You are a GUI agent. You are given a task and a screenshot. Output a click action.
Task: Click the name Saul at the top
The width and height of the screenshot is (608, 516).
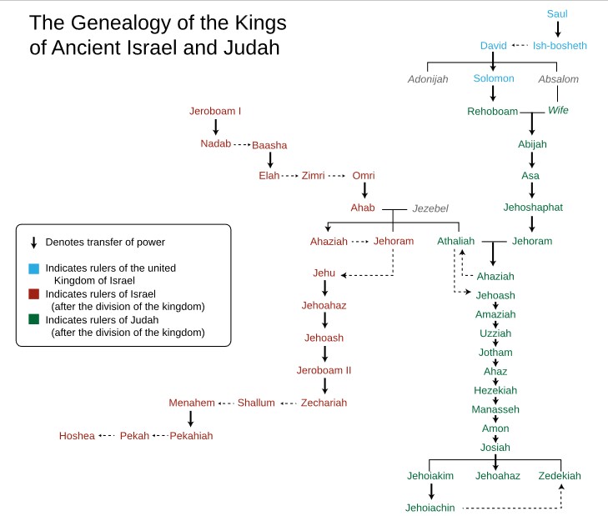[x=558, y=14]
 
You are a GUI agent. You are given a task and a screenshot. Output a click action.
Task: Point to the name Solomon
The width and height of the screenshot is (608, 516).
[x=494, y=79]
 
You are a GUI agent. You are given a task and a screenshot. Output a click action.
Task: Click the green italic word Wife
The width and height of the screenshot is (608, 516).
[x=558, y=111]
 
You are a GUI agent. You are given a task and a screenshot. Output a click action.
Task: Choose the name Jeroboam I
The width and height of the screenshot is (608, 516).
[x=215, y=111]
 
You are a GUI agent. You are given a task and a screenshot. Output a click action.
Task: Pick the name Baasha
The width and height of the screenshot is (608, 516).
[x=269, y=145]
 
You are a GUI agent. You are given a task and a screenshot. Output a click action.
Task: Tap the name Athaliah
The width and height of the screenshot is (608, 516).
[x=455, y=242]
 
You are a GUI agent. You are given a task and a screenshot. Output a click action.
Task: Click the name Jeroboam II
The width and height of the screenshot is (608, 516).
[x=324, y=370]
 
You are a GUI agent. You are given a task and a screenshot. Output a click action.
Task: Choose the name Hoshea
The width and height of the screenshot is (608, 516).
[x=77, y=435]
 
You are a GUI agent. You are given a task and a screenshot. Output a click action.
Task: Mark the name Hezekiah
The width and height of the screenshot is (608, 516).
[x=495, y=390]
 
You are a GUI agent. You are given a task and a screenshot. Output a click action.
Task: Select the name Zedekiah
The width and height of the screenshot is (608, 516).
[x=560, y=475]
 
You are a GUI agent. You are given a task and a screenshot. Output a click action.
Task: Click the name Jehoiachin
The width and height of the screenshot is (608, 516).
[x=431, y=507]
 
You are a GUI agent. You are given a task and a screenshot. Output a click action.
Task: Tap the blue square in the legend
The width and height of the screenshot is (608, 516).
[x=33, y=268]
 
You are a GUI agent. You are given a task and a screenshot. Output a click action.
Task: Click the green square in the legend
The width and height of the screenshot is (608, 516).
[x=33, y=320]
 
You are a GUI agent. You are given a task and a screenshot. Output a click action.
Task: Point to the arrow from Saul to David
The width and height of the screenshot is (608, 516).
[x=558, y=29]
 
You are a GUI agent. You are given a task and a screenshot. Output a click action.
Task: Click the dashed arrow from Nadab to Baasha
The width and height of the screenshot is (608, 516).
[x=241, y=145]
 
